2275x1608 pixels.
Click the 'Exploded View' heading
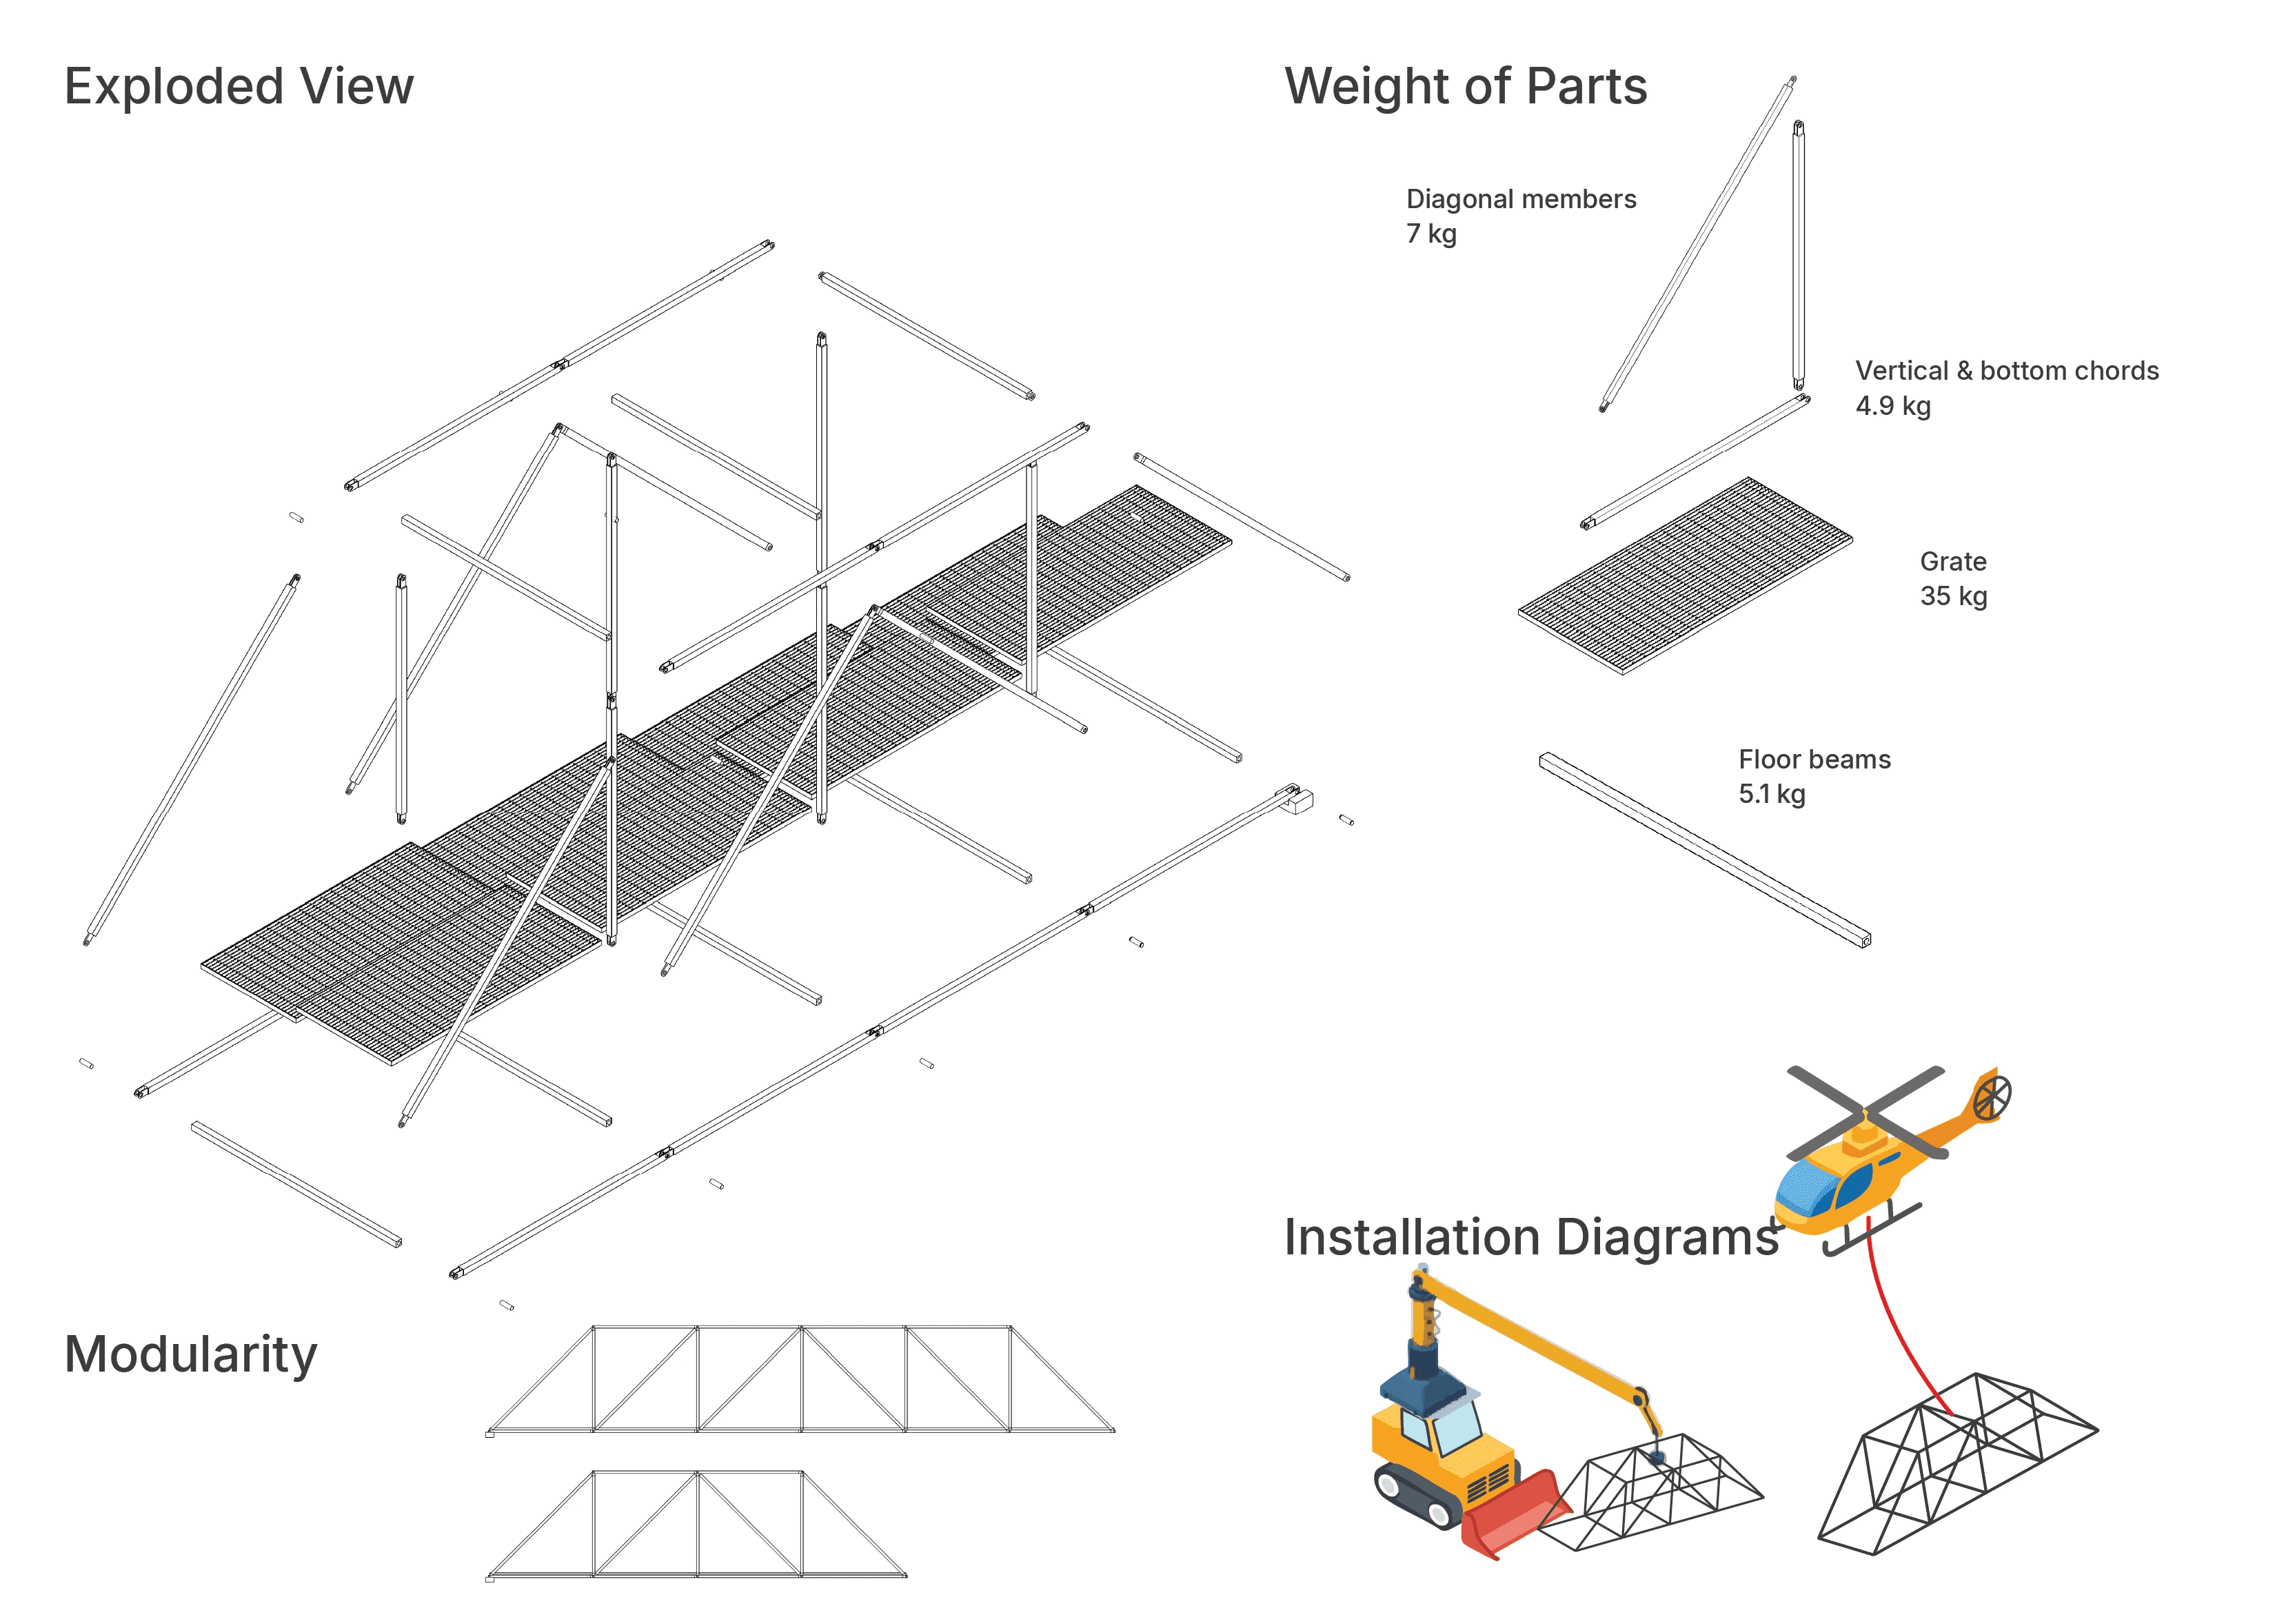point(239,87)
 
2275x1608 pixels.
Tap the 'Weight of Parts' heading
point(1466,87)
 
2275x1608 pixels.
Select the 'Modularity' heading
point(190,1355)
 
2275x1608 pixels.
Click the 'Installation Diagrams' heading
point(1532,1237)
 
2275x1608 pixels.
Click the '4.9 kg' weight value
point(1892,406)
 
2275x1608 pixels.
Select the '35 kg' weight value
point(1953,596)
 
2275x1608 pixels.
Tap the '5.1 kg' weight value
point(1772,795)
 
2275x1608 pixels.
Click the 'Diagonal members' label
point(1521,199)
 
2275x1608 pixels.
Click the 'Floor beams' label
point(1814,760)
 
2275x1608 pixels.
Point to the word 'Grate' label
point(1953,562)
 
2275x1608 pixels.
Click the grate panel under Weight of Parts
point(1684,577)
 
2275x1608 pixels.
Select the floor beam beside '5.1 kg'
point(1704,850)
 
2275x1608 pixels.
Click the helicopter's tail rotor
point(1992,1097)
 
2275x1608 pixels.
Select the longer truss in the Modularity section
point(800,1380)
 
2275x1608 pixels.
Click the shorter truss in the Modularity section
point(696,1525)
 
